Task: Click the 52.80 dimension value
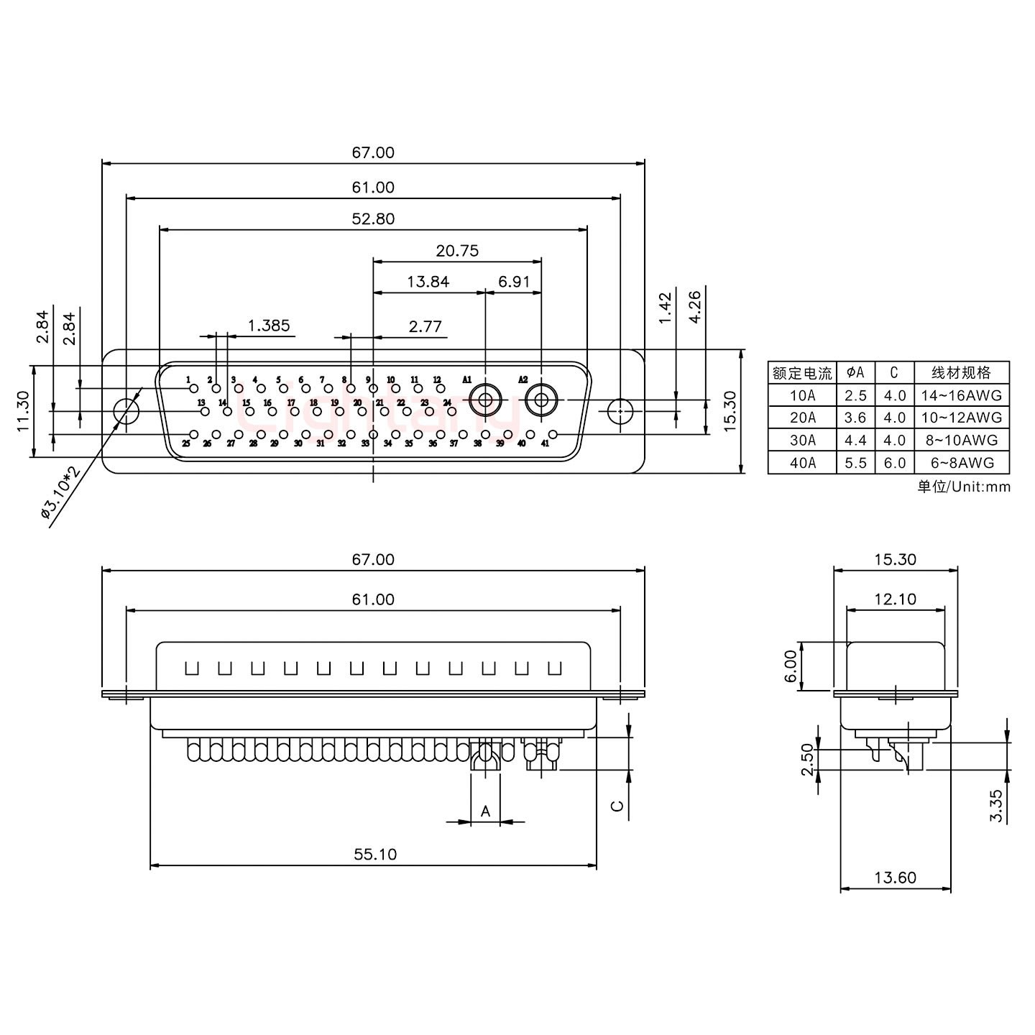pos(373,218)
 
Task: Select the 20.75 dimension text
pos(457,251)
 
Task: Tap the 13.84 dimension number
pos(428,282)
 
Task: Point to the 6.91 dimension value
pos(514,282)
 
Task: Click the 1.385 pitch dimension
pos(269,326)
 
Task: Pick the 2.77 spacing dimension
pos(425,326)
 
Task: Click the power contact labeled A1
pos(485,400)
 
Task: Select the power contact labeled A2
pos(540,400)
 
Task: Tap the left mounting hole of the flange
pos(126,411)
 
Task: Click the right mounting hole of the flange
pos(620,411)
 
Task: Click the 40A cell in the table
pos(802,463)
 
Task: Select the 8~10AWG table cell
pos(961,440)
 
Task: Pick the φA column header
pos(855,372)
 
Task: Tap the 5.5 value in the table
pos(855,463)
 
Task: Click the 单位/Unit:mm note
pos(963,487)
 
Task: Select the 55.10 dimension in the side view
pos(374,854)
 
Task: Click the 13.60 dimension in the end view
pos(895,877)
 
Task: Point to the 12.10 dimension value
pos(895,599)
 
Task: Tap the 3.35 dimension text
pos(995,806)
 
